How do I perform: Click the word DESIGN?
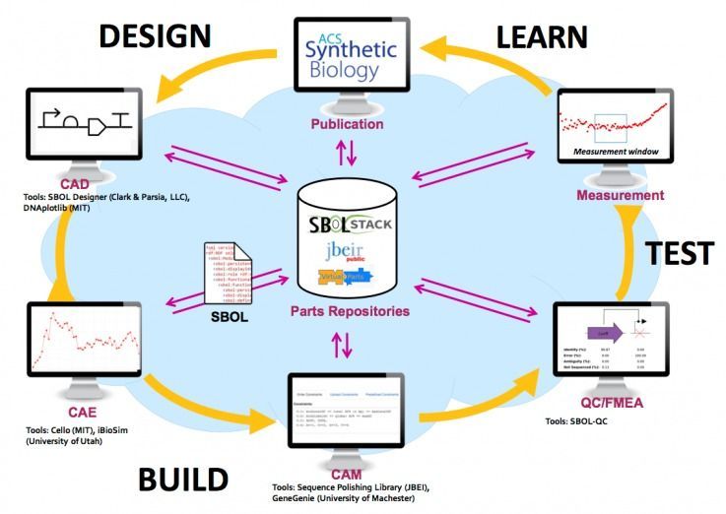point(155,35)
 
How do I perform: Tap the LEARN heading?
point(542,37)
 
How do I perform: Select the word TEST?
point(679,253)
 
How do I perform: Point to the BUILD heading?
point(183,481)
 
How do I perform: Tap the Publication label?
point(347,125)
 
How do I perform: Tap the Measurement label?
point(621,195)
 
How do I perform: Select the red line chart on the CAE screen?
point(78,344)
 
